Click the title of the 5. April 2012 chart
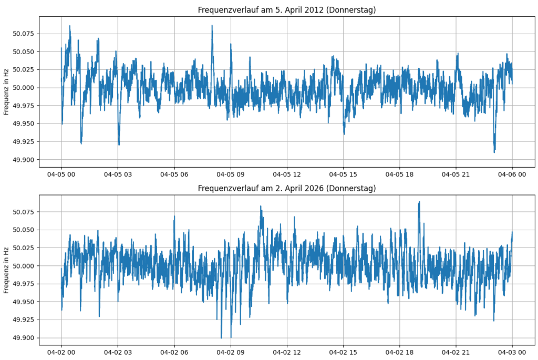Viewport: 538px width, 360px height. point(287,10)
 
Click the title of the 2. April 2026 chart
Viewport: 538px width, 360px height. point(287,188)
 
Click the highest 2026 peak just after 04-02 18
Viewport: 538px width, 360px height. point(419,202)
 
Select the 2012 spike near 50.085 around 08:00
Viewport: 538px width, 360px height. point(212,26)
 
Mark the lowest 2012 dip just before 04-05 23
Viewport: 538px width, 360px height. point(494,152)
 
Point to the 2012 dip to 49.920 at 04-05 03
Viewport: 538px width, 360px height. point(119,145)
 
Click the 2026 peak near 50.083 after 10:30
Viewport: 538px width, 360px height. point(261,207)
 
